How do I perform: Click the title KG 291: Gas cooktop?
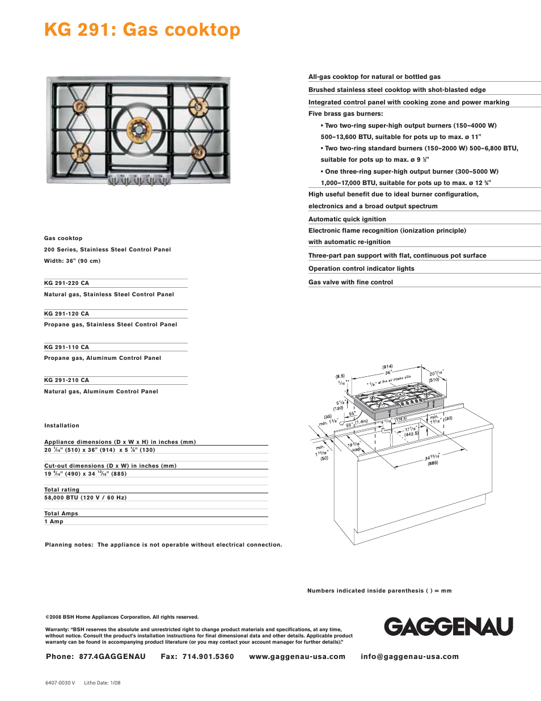(x=142, y=30)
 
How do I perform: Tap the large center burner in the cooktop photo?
(x=138, y=129)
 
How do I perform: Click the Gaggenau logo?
(x=448, y=627)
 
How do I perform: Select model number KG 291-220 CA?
(x=66, y=283)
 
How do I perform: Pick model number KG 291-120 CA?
(x=66, y=314)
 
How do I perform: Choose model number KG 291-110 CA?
(x=66, y=347)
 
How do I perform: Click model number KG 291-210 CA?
(x=66, y=380)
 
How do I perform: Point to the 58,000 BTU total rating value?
(x=86, y=498)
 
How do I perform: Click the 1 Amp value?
(x=54, y=522)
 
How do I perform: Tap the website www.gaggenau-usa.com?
(x=297, y=657)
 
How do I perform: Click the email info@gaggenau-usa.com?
(x=409, y=657)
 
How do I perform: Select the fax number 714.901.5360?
(x=208, y=657)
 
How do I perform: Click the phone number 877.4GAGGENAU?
(x=112, y=657)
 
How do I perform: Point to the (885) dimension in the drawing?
(x=433, y=463)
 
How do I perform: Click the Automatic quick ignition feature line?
(x=347, y=219)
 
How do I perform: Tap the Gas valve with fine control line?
(x=350, y=282)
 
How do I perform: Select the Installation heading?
(x=62, y=426)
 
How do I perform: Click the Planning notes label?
(x=69, y=545)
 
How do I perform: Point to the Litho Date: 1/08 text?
(x=102, y=683)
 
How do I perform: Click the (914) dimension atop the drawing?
(x=387, y=367)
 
